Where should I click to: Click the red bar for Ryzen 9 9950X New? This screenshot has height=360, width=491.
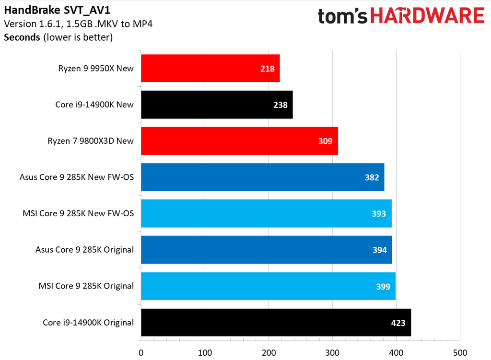(210, 68)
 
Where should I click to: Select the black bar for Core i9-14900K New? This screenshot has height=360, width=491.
(217, 105)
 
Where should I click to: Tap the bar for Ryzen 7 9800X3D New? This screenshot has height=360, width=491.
(239, 141)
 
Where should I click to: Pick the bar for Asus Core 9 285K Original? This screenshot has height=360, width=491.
(266, 250)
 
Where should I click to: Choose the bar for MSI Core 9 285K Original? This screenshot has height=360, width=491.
(268, 286)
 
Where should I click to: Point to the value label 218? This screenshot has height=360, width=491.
(267, 69)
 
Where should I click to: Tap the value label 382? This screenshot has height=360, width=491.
(372, 177)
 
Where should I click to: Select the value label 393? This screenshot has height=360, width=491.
(379, 214)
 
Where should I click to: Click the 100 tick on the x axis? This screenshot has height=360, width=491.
(205, 352)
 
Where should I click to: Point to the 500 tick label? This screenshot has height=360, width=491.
(460, 352)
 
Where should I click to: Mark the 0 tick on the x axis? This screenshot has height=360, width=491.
(141, 352)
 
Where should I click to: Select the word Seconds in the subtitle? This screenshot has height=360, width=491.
(22, 37)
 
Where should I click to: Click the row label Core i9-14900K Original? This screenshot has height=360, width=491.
(88, 323)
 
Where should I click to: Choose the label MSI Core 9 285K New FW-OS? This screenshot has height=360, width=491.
(78, 213)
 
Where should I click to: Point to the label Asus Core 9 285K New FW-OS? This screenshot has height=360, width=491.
(77, 177)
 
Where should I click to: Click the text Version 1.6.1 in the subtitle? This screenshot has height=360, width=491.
(28, 24)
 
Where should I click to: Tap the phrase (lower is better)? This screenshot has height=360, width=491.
(78, 37)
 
